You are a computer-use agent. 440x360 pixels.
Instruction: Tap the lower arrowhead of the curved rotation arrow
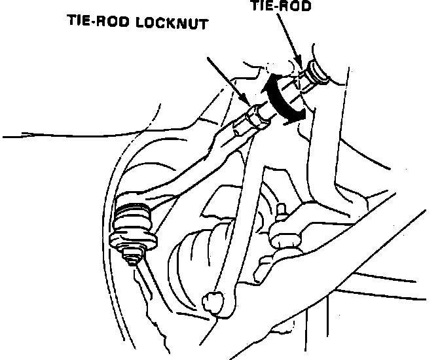[x=299, y=115]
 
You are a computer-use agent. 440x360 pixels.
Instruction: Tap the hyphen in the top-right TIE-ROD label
[x=280, y=7]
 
